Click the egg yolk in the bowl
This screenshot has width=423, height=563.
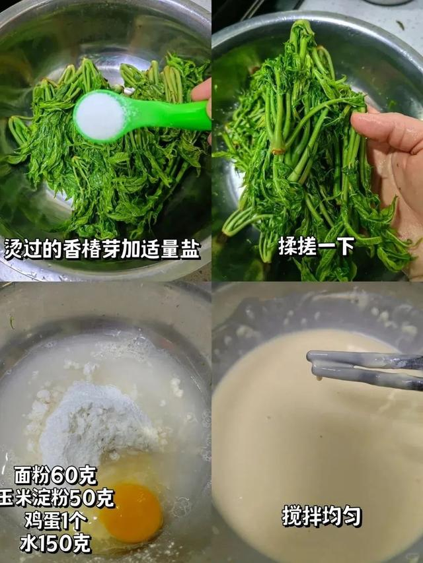132,513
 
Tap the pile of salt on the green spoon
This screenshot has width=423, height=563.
100,116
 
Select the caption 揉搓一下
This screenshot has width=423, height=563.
317,246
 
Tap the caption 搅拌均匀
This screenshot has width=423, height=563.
322,515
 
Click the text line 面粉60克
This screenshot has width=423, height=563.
56,475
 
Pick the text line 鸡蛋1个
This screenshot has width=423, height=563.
56,521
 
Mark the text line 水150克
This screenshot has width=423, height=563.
55,544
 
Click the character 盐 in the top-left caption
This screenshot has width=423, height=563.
190,249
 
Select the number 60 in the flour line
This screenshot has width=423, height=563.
64,475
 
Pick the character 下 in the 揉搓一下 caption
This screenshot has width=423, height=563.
346,246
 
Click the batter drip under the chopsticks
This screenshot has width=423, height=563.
319,378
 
